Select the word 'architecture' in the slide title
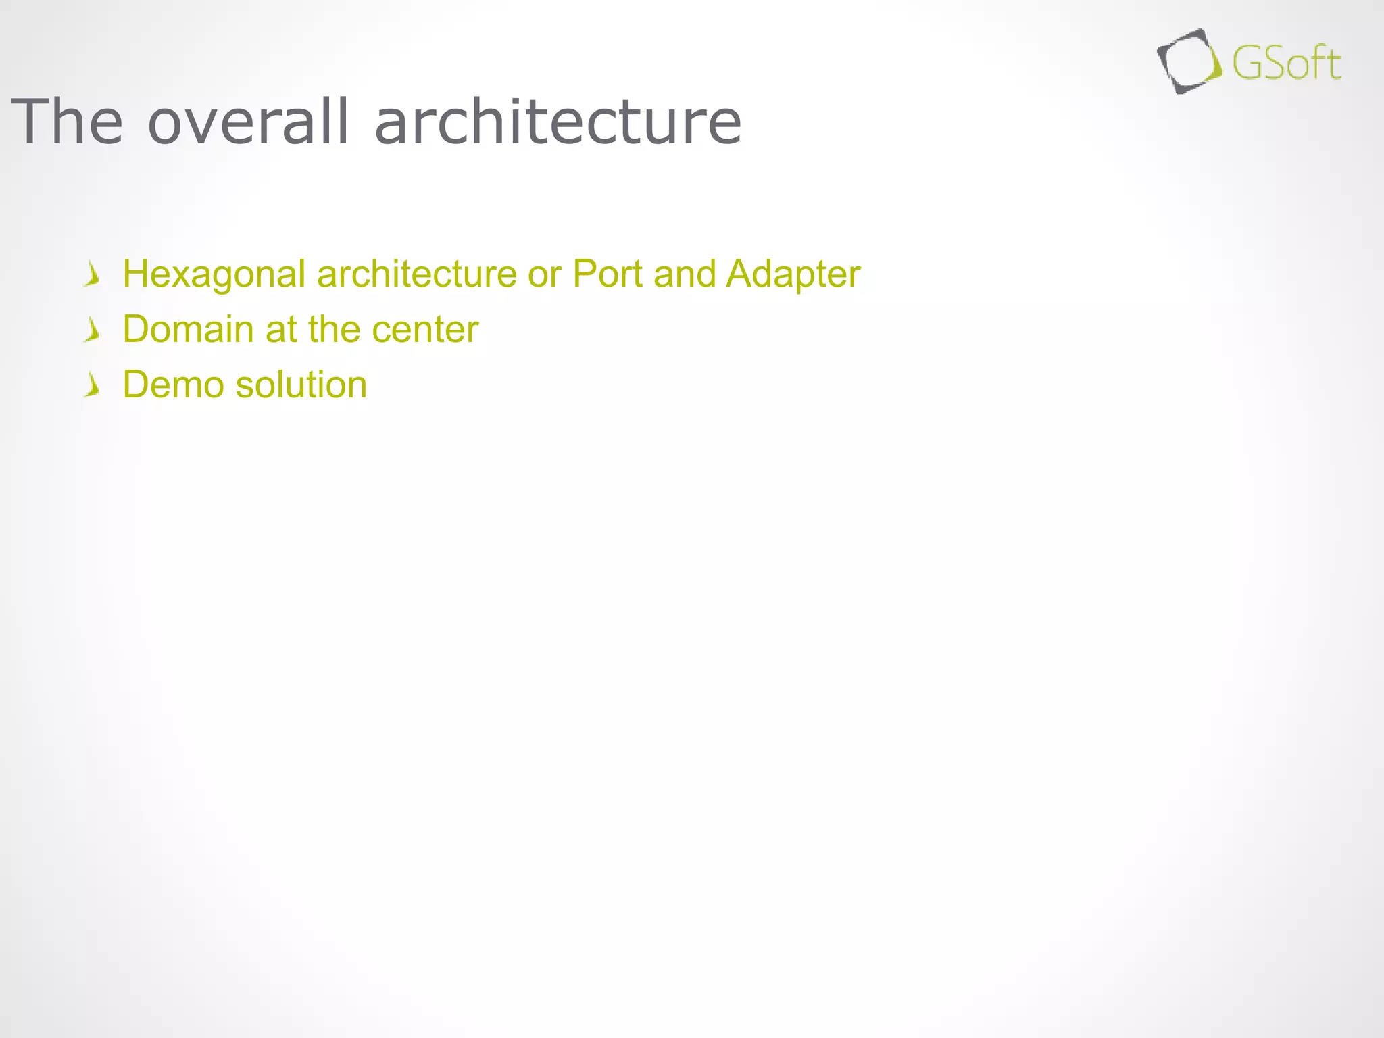(x=558, y=122)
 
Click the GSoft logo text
(x=1286, y=64)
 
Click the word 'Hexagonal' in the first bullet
(x=214, y=274)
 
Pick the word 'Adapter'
(x=793, y=274)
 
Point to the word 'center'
(x=425, y=330)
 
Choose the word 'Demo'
(x=174, y=385)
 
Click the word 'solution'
(x=301, y=385)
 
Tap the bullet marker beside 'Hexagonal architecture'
(x=93, y=275)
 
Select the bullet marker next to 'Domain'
(x=93, y=330)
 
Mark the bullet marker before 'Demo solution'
(x=93, y=386)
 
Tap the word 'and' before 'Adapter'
(x=685, y=274)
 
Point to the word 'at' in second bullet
(x=281, y=330)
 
